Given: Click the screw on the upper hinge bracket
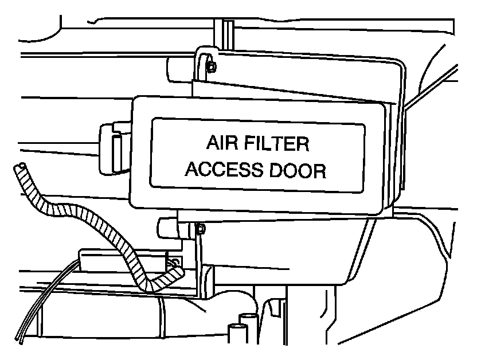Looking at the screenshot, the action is pos(211,66).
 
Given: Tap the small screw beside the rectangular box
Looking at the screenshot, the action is pos(175,263).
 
